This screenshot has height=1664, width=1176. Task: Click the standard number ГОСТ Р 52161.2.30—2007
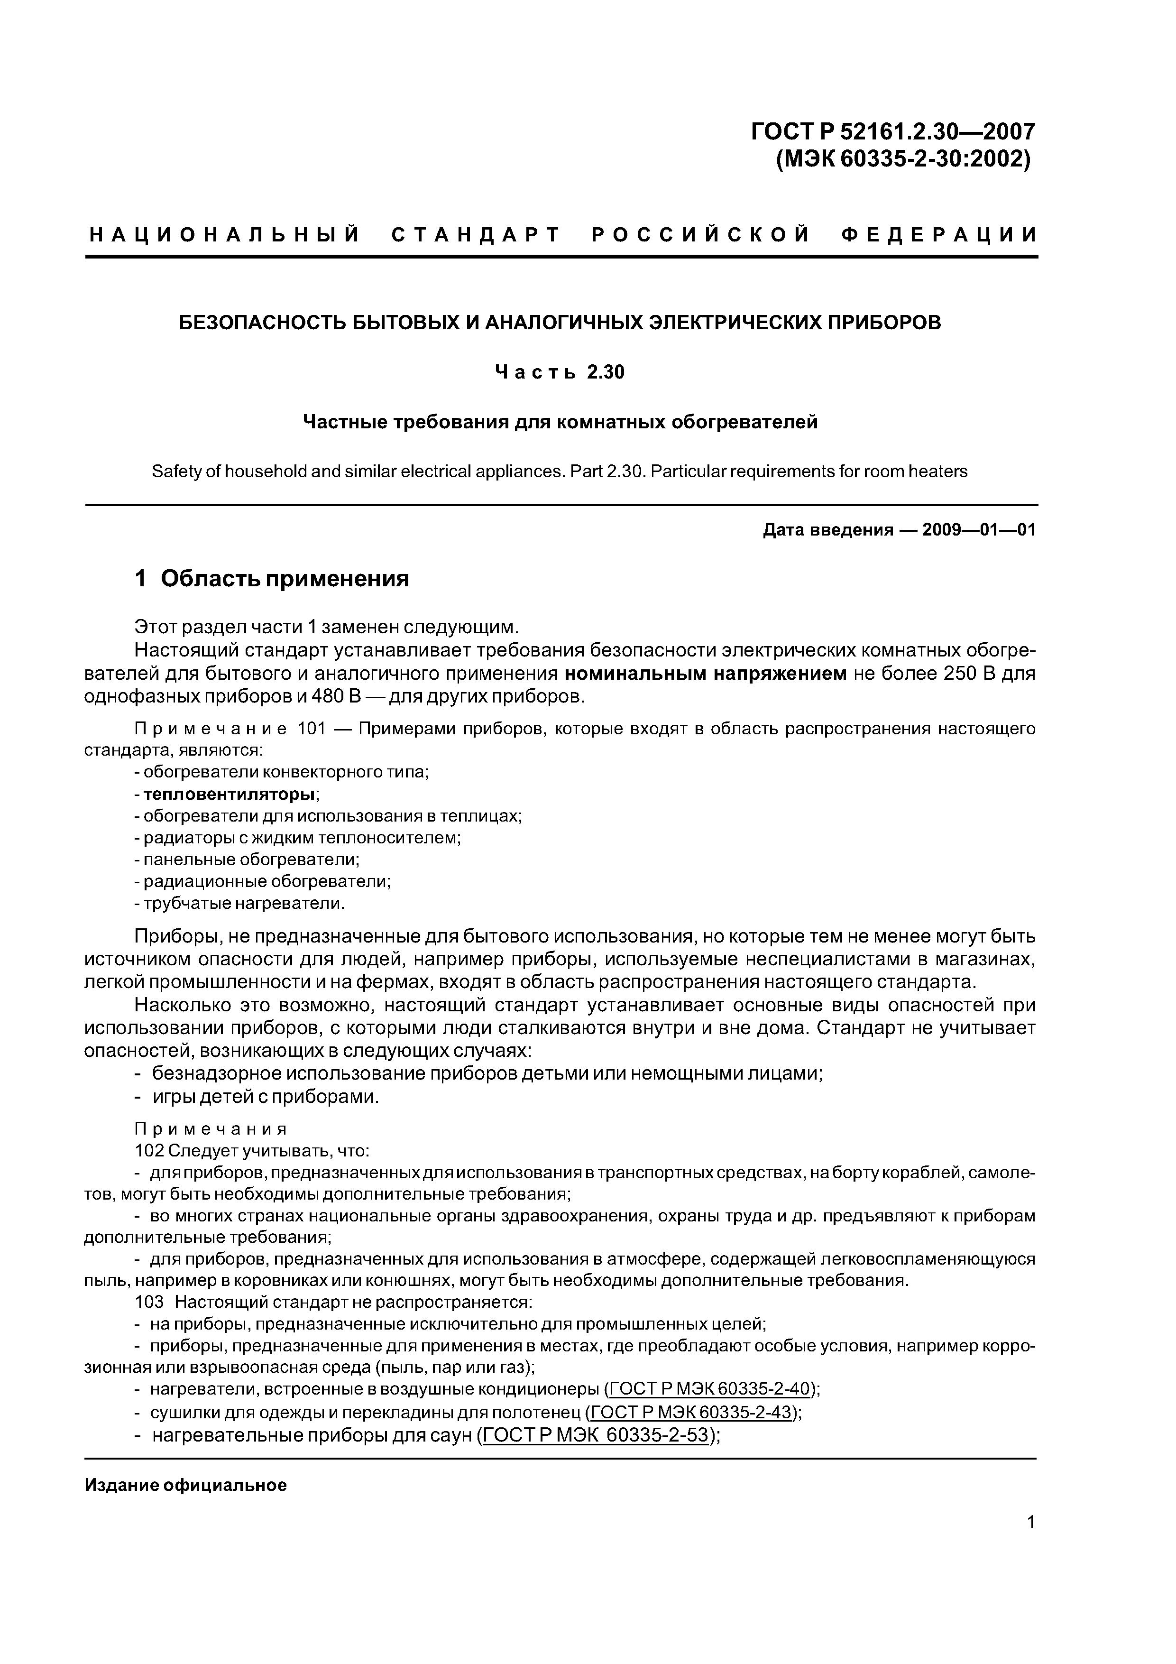coord(893,132)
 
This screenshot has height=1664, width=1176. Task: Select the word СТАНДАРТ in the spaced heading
coord(476,235)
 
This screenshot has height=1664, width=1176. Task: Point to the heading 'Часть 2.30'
coord(560,372)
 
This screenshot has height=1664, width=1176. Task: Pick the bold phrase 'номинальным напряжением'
coord(705,674)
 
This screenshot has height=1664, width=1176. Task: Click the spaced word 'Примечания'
coord(211,1129)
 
